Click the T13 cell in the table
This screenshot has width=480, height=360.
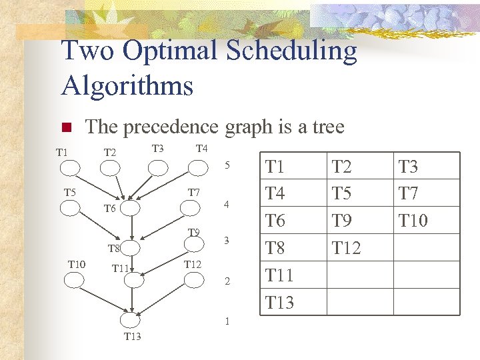[x=279, y=302]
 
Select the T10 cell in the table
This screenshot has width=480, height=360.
[x=413, y=220]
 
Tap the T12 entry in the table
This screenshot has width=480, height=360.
[x=346, y=248]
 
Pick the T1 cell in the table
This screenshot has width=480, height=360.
[x=275, y=166]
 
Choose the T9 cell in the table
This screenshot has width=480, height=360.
[x=342, y=220]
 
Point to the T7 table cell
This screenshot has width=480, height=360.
[x=409, y=193]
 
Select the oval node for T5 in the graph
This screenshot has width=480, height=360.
[x=70, y=207]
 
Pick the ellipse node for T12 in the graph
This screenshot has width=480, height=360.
[x=193, y=280]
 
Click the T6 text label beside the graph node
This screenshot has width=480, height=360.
[x=110, y=209]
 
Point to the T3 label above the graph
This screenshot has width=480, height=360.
[x=158, y=148]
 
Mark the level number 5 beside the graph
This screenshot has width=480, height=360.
[x=227, y=165]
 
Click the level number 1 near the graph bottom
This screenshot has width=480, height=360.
[x=227, y=321]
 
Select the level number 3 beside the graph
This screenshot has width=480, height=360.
[x=227, y=241]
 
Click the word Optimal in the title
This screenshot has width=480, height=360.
[x=171, y=52]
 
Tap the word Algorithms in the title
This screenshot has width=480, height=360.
[x=127, y=86]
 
